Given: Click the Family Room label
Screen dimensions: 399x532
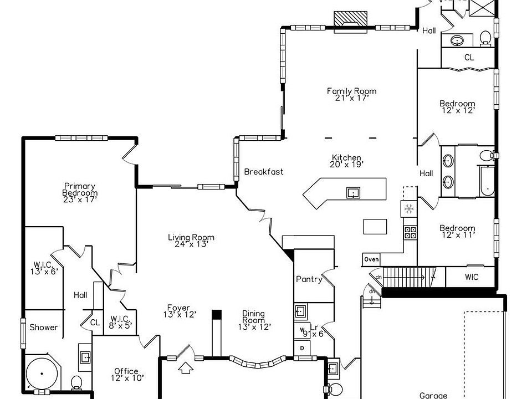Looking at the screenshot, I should pyautogui.click(x=351, y=94).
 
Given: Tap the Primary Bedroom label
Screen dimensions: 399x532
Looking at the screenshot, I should pyautogui.click(x=80, y=192).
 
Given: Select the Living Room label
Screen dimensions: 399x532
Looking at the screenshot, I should pyautogui.click(x=191, y=241).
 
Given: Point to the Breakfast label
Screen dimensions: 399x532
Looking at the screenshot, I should pyautogui.click(x=264, y=172).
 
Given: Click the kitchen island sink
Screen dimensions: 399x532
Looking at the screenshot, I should pyautogui.click(x=353, y=192).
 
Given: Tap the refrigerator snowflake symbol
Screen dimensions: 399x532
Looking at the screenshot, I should pyautogui.click(x=408, y=209).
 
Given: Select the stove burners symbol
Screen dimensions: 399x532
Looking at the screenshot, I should pyautogui.click(x=410, y=232).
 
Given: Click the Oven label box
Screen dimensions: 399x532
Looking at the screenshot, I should pyautogui.click(x=371, y=259).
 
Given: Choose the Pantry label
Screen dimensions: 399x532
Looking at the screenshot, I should pyautogui.click(x=309, y=279).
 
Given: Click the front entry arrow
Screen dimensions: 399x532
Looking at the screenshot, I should pyautogui.click(x=186, y=366).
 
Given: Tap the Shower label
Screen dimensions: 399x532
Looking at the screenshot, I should pyautogui.click(x=44, y=327).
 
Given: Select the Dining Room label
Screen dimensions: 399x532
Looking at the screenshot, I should pyautogui.click(x=253, y=320).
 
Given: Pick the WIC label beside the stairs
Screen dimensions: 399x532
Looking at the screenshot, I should pyautogui.click(x=472, y=277).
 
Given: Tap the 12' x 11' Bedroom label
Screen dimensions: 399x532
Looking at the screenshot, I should pyautogui.click(x=457, y=231).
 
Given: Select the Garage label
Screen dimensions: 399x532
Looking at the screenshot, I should pyautogui.click(x=433, y=395).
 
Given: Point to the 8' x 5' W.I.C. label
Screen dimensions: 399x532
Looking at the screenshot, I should pyautogui.click(x=120, y=321).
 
